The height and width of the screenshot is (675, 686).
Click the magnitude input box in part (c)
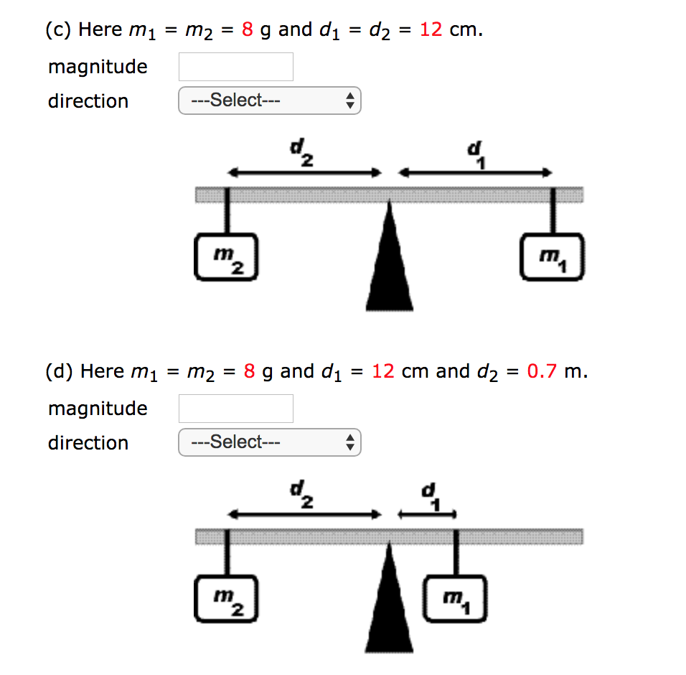pyautogui.click(x=235, y=67)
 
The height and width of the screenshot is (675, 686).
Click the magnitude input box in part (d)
pyautogui.click(x=235, y=409)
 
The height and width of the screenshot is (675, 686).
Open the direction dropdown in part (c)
pyautogui.click(x=269, y=101)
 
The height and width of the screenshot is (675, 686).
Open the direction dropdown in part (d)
pyautogui.click(x=269, y=442)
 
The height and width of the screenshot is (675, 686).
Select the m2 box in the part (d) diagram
pyautogui.click(x=225, y=599)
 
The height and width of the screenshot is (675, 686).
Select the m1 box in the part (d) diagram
pyautogui.click(x=455, y=599)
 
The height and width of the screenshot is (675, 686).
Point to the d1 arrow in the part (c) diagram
pyautogui.click(x=475, y=173)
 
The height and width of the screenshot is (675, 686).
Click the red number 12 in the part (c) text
pyautogui.click(x=431, y=29)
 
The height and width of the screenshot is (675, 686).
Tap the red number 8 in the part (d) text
pyautogui.click(x=250, y=371)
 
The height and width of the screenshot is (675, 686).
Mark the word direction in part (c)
pyautogui.click(x=88, y=101)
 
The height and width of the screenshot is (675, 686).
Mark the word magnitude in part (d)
pyautogui.click(x=98, y=409)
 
